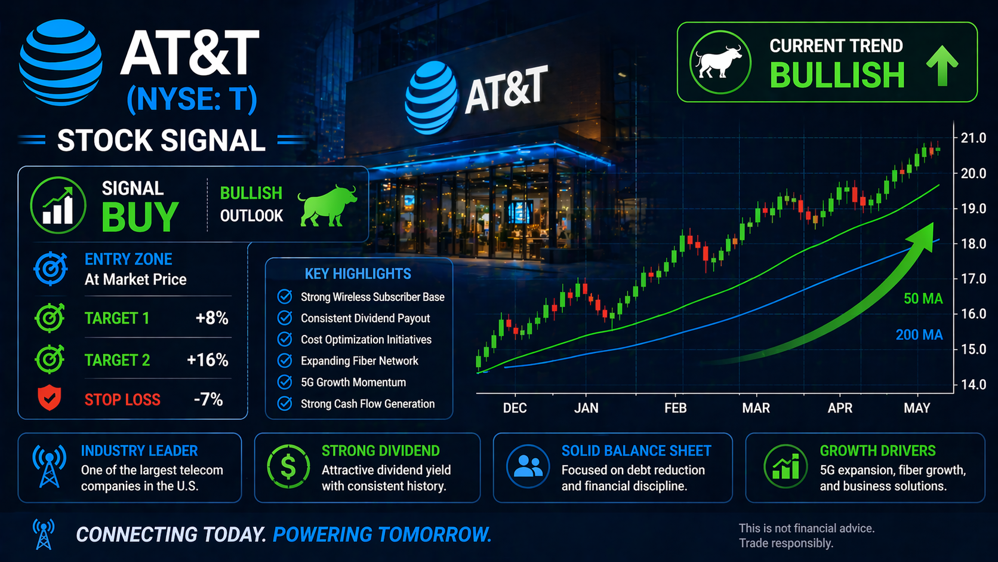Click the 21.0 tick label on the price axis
pos(973,138)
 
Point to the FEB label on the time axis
pos(676,408)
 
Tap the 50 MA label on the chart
pos(923,299)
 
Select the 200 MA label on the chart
pos(919,334)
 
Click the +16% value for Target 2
pos(208,360)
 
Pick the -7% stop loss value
pos(208,400)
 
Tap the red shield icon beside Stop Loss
pos(50,398)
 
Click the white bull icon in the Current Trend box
pos(719,62)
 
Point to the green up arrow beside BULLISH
pos(942,65)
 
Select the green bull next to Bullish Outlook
pos(328,205)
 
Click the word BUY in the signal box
pos(140,217)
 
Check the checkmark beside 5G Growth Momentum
pos(285,382)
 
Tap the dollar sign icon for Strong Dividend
pos(288,467)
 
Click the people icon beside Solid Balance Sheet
pos(528,466)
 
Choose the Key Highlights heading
pos(358,274)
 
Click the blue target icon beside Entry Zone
pos(50,269)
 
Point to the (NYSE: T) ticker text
pos(192,99)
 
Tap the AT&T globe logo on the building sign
pos(430,98)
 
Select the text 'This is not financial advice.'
pos(807,529)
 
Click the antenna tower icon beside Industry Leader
pos(50,466)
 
